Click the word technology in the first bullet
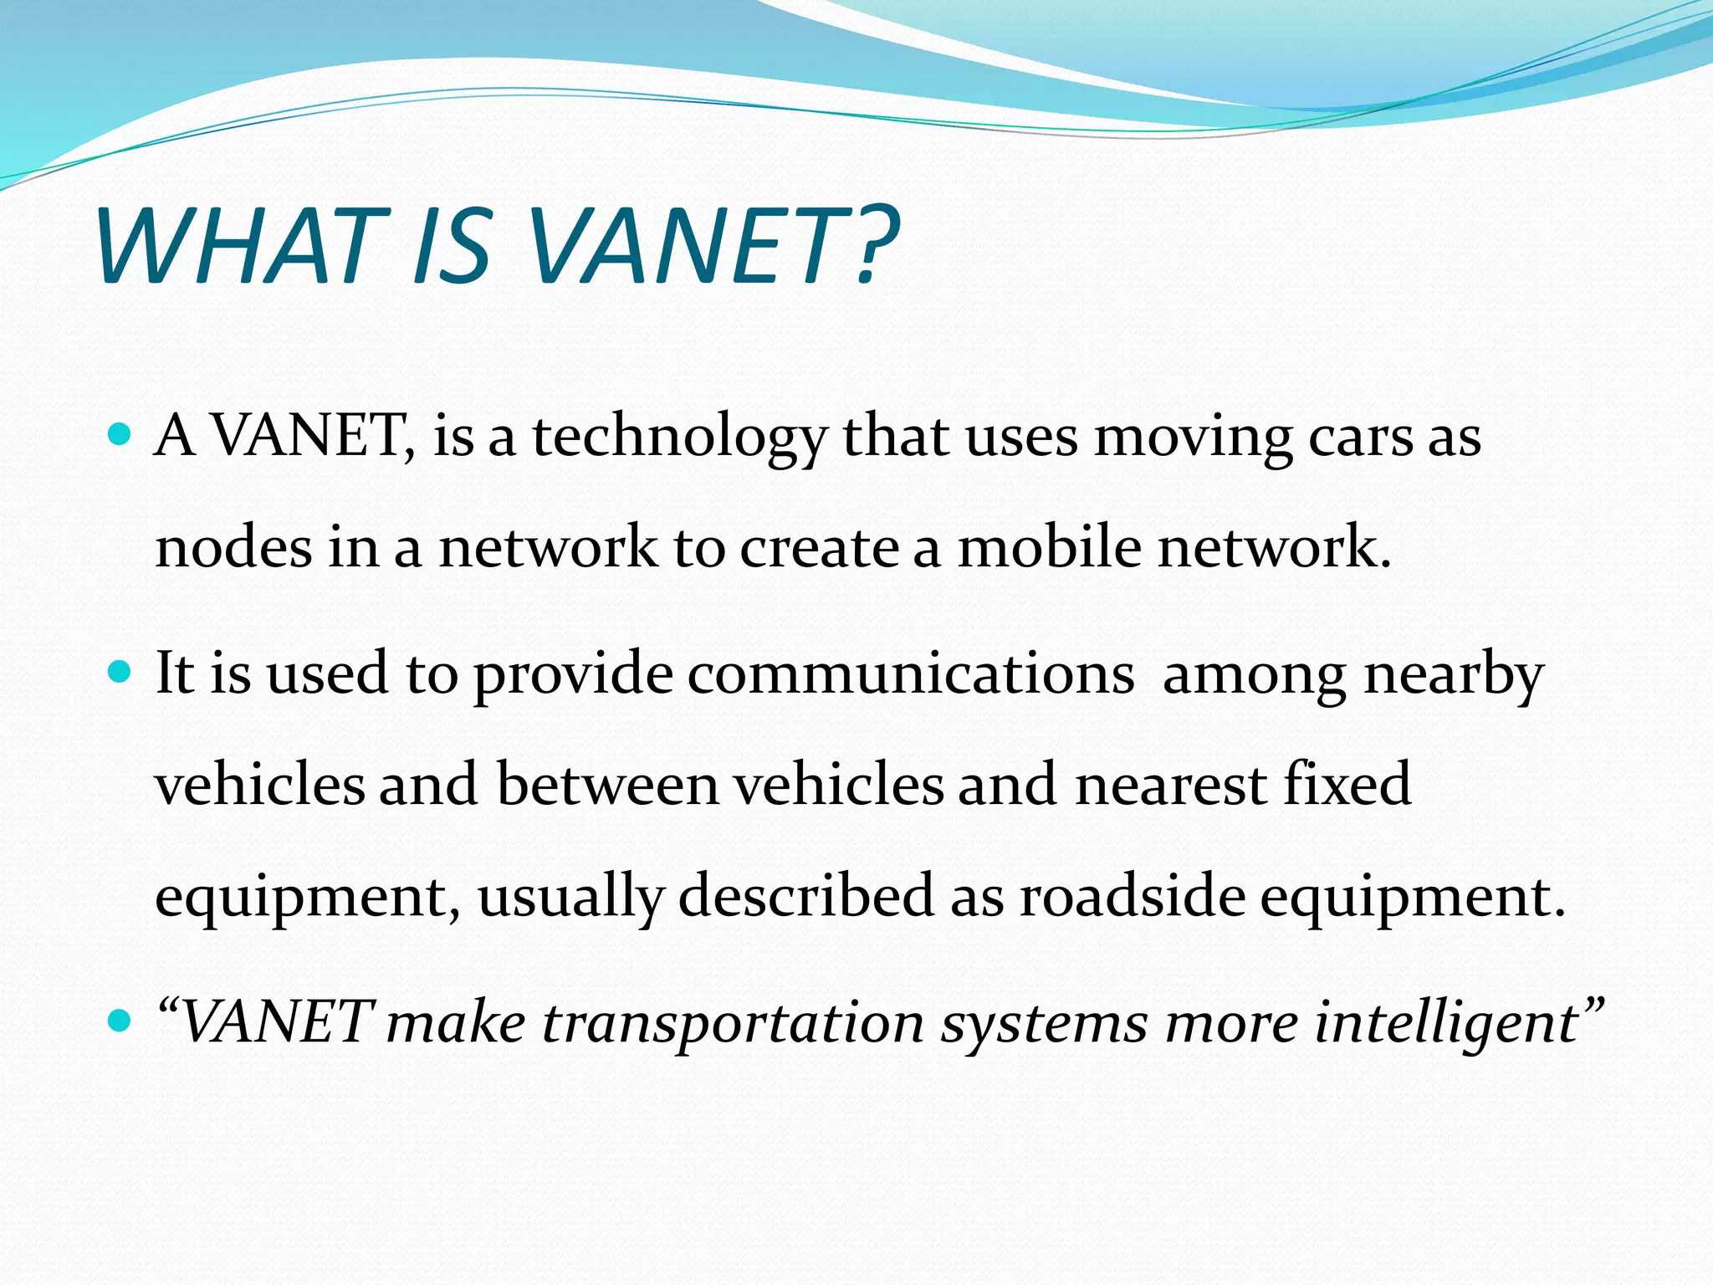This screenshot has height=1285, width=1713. (x=679, y=438)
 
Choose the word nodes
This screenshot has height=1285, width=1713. (x=234, y=548)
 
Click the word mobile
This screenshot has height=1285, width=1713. (x=1050, y=548)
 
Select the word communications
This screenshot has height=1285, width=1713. (x=911, y=673)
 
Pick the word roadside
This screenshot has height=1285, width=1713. (x=1132, y=896)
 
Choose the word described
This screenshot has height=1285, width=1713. (x=805, y=896)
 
